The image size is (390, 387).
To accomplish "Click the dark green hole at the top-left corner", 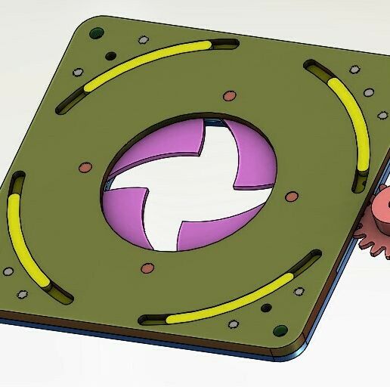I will (x=95, y=33).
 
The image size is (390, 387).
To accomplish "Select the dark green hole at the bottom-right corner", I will (x=280, y=330).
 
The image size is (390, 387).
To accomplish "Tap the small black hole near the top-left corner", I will (x=110, y=55).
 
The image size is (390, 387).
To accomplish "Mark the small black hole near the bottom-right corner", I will (x=266, y=308).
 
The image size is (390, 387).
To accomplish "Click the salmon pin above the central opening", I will (x=229, y=96).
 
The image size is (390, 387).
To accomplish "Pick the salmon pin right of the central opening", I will (x=291, y=197).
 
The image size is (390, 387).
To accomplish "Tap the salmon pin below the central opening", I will (x=147, y=268).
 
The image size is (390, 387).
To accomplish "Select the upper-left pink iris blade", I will (x=159, y=144).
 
